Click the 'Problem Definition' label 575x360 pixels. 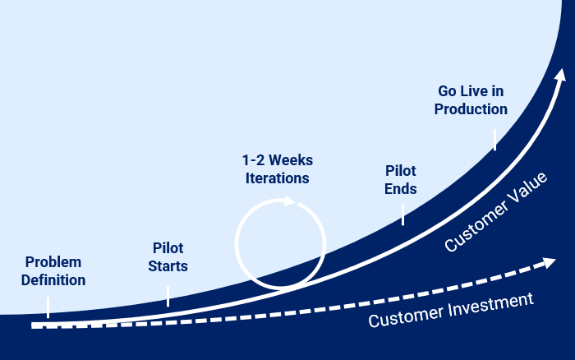[53, 271]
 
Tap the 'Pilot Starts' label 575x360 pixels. [168, 257]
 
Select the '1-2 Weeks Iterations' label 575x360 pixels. [278, 169]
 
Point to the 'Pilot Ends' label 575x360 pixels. [401, 180]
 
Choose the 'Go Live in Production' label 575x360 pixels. [471, 100]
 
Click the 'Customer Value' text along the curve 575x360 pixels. [496, 212]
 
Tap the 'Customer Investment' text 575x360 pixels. [451, 310]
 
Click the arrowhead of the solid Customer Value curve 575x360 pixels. [561, 75]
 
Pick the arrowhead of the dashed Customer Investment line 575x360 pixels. [549, 262]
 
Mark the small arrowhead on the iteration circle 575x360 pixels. [290, 201]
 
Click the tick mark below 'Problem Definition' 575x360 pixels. [48, 307]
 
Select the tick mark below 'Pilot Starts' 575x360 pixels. [168, 296]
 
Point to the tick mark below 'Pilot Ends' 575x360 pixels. [403, 215]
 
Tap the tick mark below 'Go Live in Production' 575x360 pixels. [494, 140]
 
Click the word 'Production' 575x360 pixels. [471, 109]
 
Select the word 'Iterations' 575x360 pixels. [278, 178]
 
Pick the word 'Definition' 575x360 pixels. [53, 280]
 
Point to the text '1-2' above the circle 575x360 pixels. [253, 160]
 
